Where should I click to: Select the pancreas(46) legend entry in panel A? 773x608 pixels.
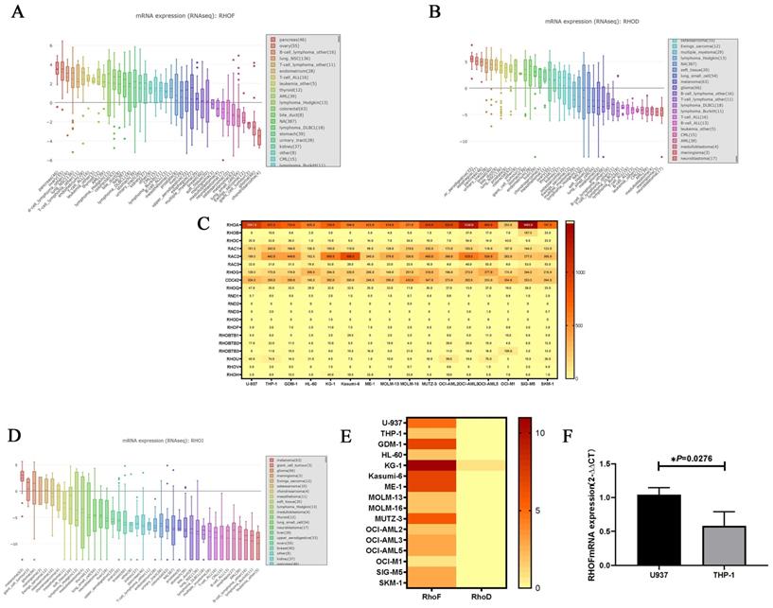290,40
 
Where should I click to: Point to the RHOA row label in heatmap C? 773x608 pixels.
231,224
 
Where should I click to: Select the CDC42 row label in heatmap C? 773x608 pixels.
231,281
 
